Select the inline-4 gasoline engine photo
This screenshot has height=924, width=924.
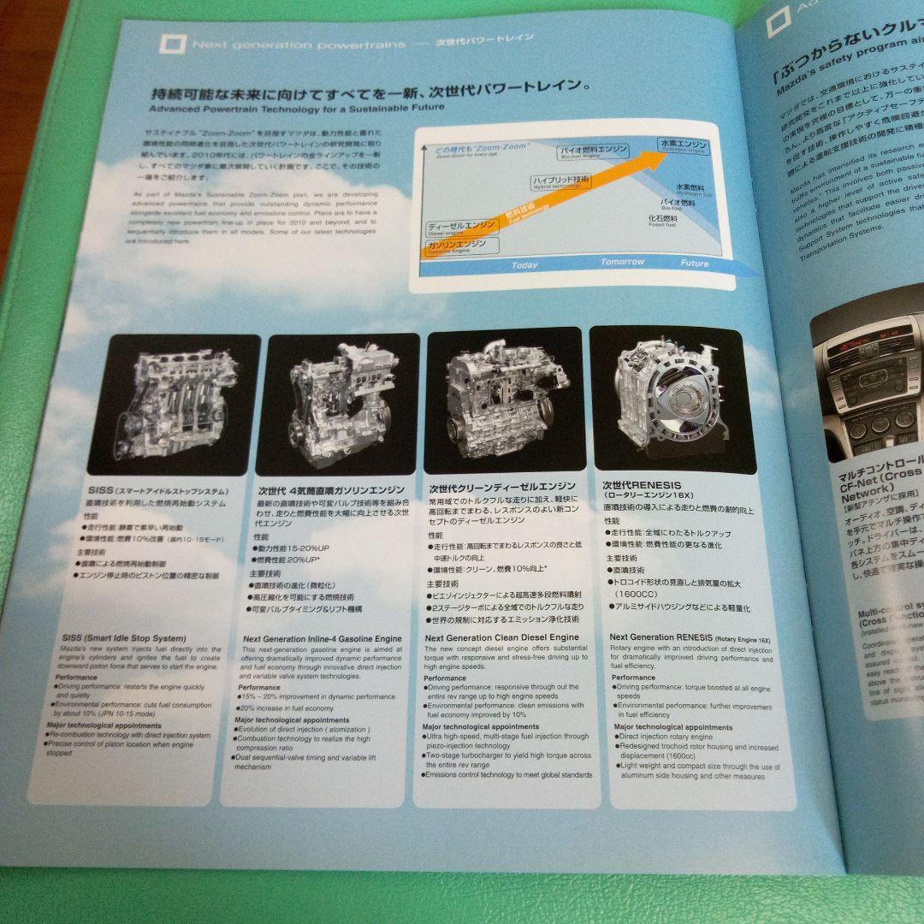coord(341,403)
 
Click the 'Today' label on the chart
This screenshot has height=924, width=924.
coord(524,265)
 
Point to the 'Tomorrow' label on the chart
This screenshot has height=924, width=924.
coord(622,262)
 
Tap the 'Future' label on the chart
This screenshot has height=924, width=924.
coord(694,264)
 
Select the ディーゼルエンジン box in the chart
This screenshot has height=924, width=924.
coord(462,228)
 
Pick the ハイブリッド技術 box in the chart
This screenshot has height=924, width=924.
coord(560,181)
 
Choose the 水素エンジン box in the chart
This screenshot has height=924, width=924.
coord(683,145)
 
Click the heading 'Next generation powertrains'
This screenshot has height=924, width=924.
coord(299,44)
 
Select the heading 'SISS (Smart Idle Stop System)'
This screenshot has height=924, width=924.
coord(123,638)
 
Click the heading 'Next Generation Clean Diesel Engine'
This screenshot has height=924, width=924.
coord(501,637)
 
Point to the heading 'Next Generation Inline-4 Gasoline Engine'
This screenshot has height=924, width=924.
coord(322,638)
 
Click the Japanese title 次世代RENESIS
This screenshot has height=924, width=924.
coord(640,483)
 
